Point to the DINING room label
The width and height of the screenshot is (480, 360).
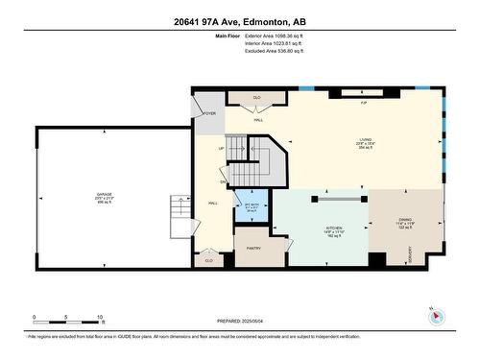tap(405, 220)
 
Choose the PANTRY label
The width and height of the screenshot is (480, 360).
tap(253, 248)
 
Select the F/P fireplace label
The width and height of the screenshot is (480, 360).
tap(364, 102)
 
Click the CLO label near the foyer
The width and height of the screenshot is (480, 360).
tap(256, 98)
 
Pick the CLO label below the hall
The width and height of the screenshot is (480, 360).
tap(208, 260)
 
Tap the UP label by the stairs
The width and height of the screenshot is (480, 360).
tap(222, 149)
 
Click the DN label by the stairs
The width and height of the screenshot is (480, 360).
tap(223, 181)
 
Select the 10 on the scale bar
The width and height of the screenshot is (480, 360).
tap(100, 316)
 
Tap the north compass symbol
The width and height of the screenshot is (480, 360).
tap(434, 318)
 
